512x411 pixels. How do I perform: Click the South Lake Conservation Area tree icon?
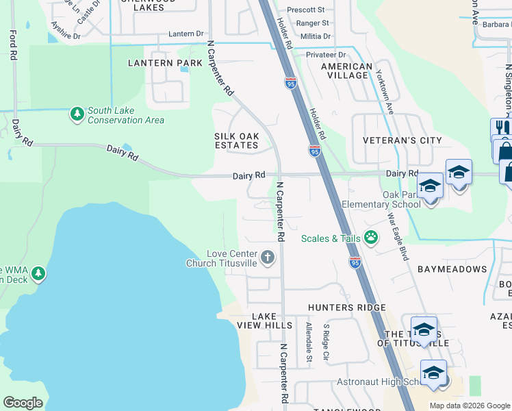click(x=77, y=113)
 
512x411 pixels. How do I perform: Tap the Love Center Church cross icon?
click(x=267, y=258)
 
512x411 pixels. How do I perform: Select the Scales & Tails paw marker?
click(x=371, y=238)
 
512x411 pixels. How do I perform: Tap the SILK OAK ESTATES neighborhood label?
click(x=237, y=140)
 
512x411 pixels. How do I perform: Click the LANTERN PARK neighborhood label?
click(x=165, y=63)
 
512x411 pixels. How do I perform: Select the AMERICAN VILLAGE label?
click(x=347, y=71)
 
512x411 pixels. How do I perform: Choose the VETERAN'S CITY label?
click(x=402, y=140)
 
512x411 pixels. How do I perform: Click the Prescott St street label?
click(x=305, y=10)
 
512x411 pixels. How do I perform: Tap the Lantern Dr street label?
click(x=186, y=34)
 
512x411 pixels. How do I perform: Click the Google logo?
click(x=23, y=403)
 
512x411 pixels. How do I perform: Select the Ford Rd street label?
click(x=13, y=45)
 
